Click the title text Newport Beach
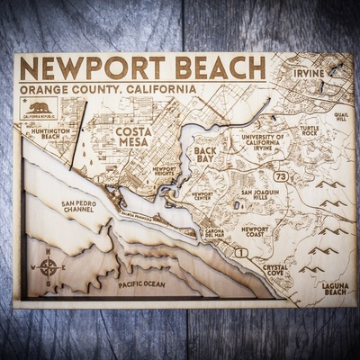144,69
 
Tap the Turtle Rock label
310,130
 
